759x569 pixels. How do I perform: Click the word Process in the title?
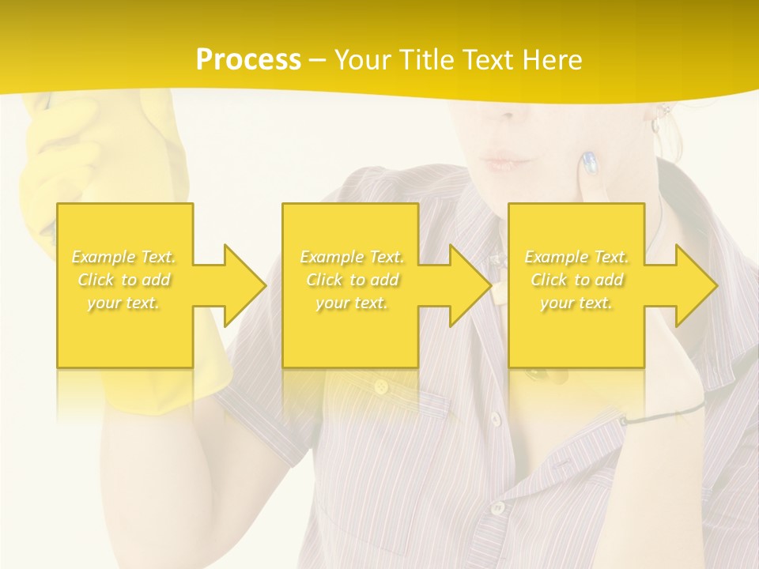(248, 60)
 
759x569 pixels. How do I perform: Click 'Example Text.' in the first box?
(124, 257)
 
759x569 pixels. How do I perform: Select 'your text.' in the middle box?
(352, 303)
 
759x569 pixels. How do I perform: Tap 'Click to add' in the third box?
(577, 280)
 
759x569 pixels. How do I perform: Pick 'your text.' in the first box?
(124, 303)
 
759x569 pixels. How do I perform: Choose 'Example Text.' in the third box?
(577, 257)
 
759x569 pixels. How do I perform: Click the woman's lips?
(503, 162)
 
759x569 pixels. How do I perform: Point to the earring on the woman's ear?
(655, 125)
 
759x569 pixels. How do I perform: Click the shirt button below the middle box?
(382, 386)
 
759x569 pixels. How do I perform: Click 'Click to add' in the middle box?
(352, 280)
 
